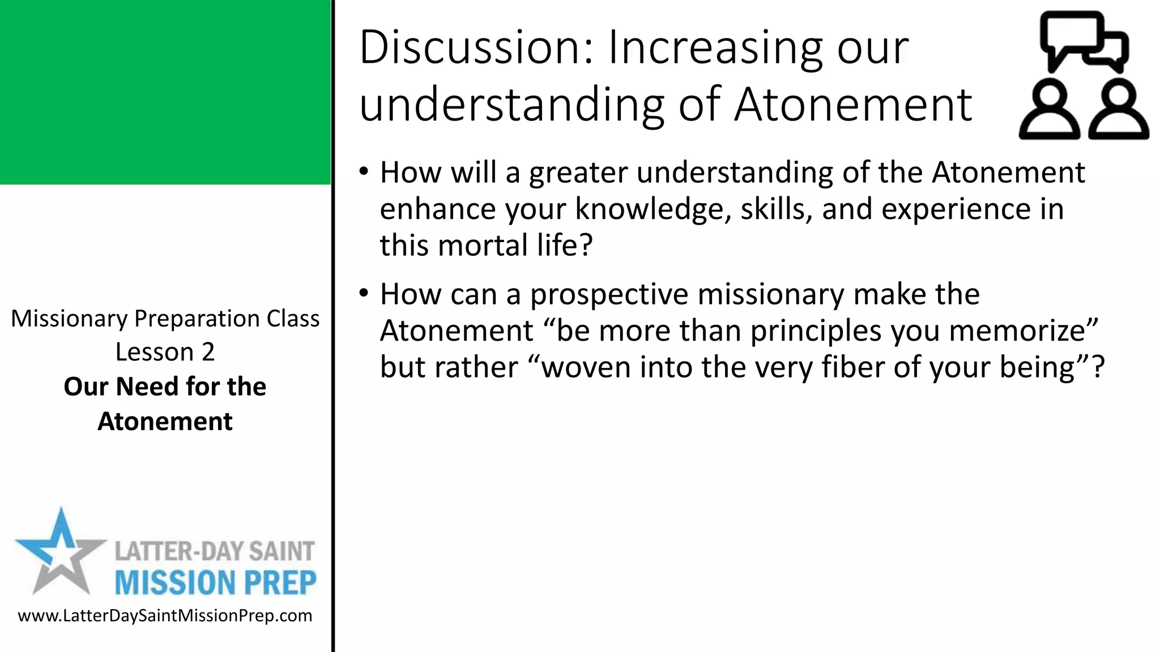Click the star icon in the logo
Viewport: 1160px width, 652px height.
pos(59,552)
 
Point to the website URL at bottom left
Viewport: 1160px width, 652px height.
pos(165,616)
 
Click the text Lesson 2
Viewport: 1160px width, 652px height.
pos(165,352)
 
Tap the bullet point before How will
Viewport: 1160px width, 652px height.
pos(364,171)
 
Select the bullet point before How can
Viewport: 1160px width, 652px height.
pos(364,293)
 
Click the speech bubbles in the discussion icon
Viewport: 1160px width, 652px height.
pos(1083,41)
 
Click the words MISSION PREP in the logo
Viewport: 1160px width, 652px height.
pos(215,583)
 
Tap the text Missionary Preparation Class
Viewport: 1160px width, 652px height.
pos(165,319)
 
